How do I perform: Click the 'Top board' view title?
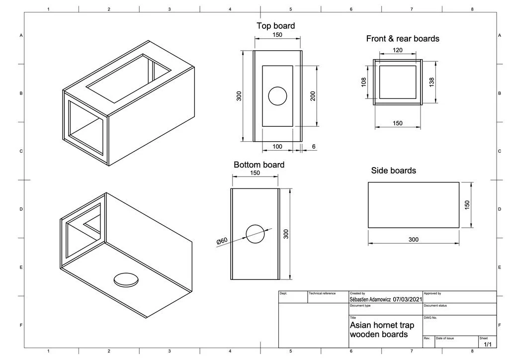pyautogui.click(x=275, y=26)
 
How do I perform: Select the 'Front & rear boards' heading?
pyautogui.click(x=403, y=38)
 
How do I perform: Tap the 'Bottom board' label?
pyautogui.click(x=259, y=165)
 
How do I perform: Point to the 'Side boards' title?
pyautogui.click(x=394, y=171)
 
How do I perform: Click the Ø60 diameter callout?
pyautogui.click(x=222, y=241)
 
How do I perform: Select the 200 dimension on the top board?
pyautogui.click(x=313, y=96)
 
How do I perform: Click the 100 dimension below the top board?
pyautogui.click(x=277, y=147)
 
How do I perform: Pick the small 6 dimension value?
pyautogui.click(x=314, y=147)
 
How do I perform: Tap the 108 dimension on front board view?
pyautogui.click(x=364, y=81)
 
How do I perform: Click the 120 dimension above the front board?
pyautogui.click(x=398, y=50)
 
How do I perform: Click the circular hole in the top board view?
pyautogui.click(x=278, y=96)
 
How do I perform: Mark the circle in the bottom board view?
pyautogui.click(x=255, y=234)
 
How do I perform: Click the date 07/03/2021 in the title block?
pyautogui.click(x=407, y=299)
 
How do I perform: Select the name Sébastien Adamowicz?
pyautogui.click(x=370, y=299)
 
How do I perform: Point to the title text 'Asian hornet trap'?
pyautogui.click(x=382, y=325)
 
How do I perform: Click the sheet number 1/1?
pyautogui.click(x=487, y=344)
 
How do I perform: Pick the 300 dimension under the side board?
pyautogui.click(x=414, y=239)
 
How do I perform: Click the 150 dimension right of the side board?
pyautogui.click(x=467, y=205)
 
